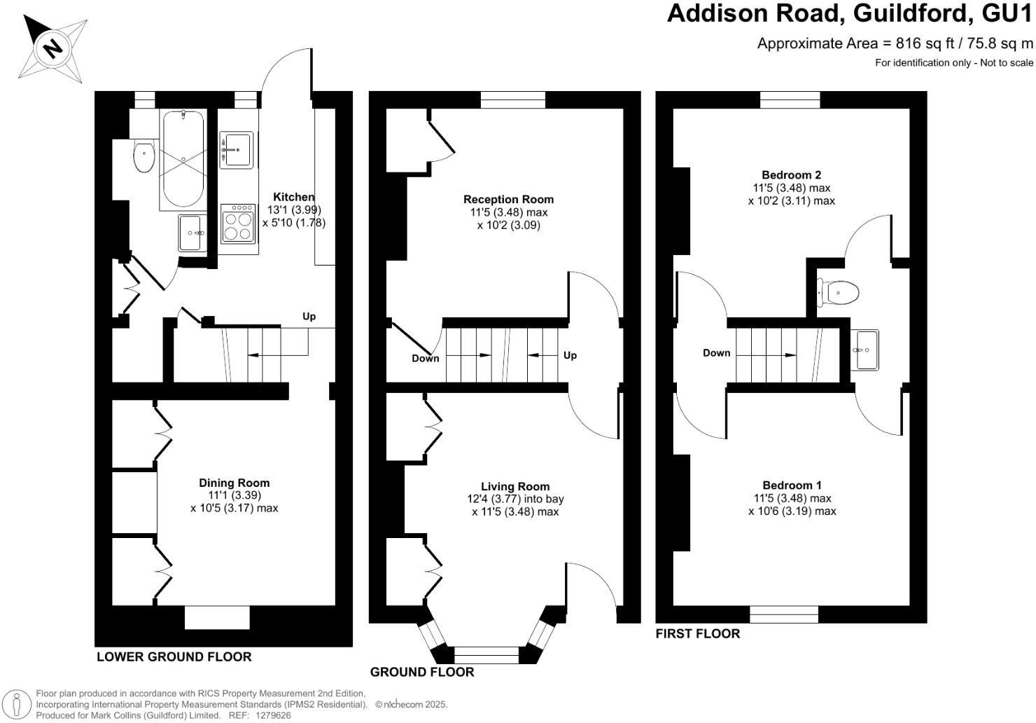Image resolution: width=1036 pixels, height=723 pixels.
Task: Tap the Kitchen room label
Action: coord(293,197)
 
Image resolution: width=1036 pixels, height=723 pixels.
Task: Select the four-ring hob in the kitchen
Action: coord(238,223)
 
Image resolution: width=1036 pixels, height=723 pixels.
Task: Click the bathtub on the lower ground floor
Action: coord(183,160)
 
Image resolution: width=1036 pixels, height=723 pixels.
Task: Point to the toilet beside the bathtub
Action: coord(144,156)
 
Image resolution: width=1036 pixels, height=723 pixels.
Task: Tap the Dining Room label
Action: coord(234,483)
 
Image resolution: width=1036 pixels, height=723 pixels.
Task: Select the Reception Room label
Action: coord(508,199)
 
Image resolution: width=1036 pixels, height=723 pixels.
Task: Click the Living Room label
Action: coord(515,486)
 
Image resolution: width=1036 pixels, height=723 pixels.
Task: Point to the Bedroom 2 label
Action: coord(791,174)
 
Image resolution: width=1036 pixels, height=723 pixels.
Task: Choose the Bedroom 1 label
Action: coord(792,485)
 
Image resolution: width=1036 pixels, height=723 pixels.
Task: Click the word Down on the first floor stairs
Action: coord(716,353)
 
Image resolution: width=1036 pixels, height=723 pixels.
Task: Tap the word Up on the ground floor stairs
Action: coord(570,355)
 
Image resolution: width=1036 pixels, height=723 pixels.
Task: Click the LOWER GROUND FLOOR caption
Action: coord(174,656)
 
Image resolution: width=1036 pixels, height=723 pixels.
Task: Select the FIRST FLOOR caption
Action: coord(697,633)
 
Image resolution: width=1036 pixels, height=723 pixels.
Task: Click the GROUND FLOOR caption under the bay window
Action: coord(421,672)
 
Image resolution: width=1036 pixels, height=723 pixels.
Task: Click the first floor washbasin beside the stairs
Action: coord(865,350)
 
